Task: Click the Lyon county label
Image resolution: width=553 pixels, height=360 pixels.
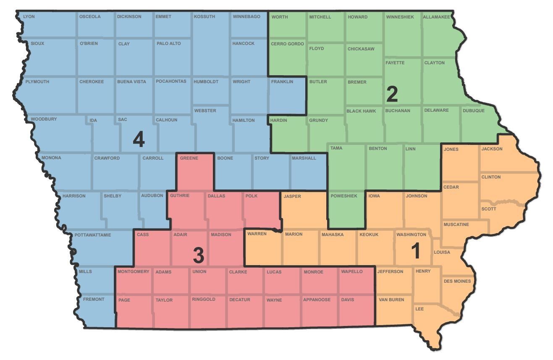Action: (29, 17)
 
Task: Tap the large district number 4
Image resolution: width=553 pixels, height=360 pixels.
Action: (139, 139)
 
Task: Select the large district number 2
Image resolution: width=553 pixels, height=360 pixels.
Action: (391, 95)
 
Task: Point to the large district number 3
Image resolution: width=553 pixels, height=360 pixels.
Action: (198, 255)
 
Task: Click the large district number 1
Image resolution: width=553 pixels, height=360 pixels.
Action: (415, 251)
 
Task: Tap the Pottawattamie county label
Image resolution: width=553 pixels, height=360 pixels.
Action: (93, 235)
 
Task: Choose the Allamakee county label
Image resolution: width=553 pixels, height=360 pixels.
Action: (436, 17)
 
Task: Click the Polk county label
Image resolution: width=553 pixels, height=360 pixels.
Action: (252, 196)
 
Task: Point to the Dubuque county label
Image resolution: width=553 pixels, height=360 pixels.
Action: (474, 111)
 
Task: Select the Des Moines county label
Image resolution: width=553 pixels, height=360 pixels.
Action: (457, 281)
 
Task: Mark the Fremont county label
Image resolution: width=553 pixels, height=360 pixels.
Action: (94, 300)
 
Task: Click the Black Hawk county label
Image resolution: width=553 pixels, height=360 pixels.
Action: (361, 111)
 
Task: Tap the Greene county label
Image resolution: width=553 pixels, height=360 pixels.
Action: (189, 158)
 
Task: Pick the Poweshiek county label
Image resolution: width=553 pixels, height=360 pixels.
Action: (343, 196)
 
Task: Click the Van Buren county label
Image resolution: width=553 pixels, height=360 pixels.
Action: (391, 300)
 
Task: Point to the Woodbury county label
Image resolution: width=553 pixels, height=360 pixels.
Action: (44, 119)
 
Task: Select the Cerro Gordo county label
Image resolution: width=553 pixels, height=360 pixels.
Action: (287, 44)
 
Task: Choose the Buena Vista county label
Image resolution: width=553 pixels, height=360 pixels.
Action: (131, 82)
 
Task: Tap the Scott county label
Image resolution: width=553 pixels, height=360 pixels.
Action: (488, 209)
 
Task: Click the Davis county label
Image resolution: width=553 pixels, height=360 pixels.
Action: (348, 300)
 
